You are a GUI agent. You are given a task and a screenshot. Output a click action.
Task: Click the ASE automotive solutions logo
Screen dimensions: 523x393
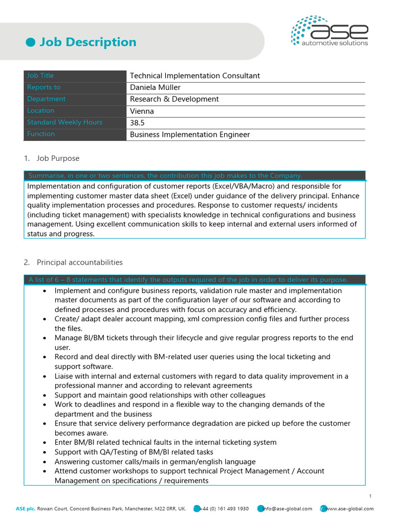coord(330,32)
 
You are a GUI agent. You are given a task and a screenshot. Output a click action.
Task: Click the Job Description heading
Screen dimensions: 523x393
coord(88,42)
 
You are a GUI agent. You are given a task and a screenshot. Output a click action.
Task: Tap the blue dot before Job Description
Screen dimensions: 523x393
coord(30,42)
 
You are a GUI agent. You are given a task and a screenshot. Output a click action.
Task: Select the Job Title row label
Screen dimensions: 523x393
coord(40,76)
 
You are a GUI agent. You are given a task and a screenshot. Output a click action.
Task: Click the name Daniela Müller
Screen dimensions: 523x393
coord(155,87)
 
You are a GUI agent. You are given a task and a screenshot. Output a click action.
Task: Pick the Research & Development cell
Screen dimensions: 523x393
coord(174,99)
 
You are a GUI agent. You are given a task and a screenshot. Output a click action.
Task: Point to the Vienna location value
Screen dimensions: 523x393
coord(142,111)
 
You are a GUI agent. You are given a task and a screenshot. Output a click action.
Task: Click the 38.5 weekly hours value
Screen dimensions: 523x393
coord(137,123)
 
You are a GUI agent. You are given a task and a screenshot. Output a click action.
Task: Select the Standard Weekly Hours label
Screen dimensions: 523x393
coord(64,123)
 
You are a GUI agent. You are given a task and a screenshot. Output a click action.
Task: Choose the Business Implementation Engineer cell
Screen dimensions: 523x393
coord(190,134)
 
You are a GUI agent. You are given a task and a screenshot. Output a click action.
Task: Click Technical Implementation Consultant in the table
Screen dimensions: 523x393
coord(194,76)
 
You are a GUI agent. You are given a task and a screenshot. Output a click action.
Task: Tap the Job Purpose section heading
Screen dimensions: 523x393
coord(58,158)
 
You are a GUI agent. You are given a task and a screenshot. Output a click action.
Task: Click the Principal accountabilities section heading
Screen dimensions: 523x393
coord(79,263)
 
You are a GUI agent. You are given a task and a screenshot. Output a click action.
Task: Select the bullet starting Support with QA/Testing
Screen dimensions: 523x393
coord(134,452)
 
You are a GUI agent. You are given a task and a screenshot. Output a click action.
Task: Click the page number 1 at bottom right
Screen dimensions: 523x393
coord(370,496)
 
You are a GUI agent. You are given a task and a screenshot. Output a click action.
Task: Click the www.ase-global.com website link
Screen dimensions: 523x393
coord(350,509)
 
